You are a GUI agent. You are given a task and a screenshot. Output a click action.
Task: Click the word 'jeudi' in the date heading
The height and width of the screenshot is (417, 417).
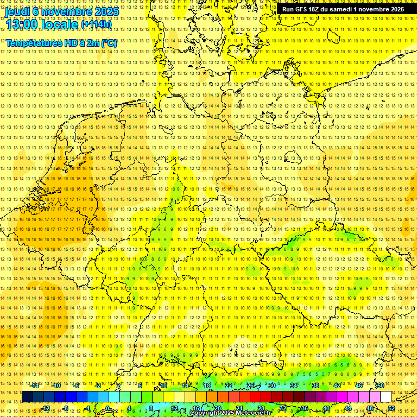point(18,11)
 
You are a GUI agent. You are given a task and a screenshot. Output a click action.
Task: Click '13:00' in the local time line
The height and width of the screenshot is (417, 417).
point(22,24)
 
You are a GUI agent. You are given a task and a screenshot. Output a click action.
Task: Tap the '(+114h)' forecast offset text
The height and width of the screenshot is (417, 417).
point(96,24)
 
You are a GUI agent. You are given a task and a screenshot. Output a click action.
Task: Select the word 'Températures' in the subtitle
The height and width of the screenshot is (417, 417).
point(33,43)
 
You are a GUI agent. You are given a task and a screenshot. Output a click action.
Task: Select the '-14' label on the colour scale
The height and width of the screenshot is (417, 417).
point(35,386)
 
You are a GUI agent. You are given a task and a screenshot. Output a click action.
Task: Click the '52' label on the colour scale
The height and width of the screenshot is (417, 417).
point(391,408)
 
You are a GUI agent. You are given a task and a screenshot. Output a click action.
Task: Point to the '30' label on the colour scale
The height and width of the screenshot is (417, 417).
point(271,386)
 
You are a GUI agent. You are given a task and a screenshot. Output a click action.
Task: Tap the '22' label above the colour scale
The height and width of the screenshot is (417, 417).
point(229,386)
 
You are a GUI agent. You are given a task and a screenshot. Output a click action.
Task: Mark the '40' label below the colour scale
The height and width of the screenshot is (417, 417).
point(326,408)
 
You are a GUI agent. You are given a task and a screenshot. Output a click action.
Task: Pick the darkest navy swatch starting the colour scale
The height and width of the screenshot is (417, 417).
point(27,397)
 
